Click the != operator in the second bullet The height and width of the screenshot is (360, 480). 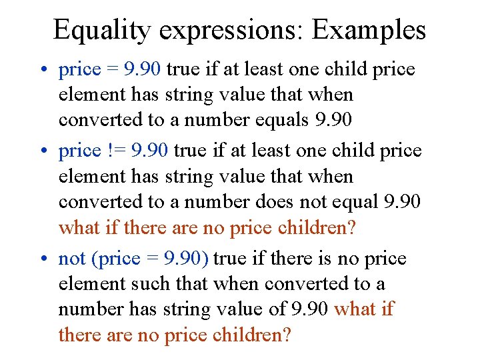tap(115, 151)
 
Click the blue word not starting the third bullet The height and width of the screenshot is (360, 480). tap(71, 259)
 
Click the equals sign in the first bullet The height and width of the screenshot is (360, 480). tap(114, 70)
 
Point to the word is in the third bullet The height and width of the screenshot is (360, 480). tap(299, 259)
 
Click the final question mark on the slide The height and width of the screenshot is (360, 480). tap(287, 335)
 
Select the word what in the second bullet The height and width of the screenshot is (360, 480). tap(78, 228)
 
